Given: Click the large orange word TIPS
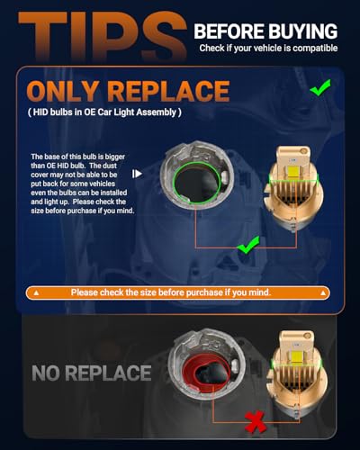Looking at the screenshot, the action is [x=102, y=36].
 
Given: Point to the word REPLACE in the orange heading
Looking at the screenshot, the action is [x=168, y=91].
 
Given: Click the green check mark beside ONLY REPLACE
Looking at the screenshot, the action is [x=320, y=87].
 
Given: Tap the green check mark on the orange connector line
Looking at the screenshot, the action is [x=247, y=245].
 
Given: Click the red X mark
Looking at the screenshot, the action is [x=256, y=422].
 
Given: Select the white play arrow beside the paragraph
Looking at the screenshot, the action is [x=137, y=174].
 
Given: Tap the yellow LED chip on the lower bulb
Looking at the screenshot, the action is [x=295, y=356].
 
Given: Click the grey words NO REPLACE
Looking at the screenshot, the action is [x=92, y=373].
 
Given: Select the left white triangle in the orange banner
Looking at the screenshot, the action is [x=36, y=292].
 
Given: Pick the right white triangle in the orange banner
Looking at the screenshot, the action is [x=323, y=292].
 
